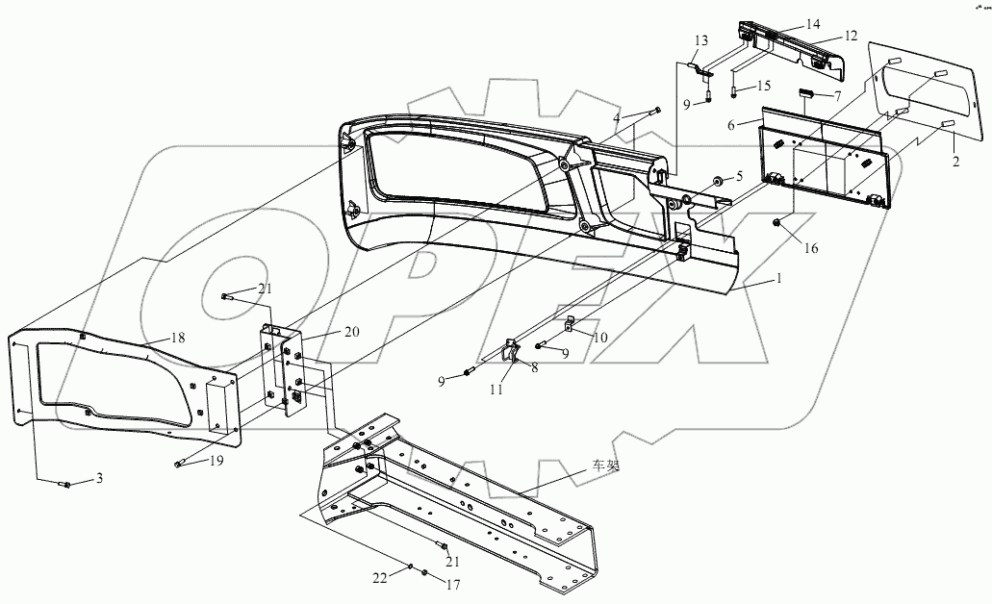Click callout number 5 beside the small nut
(x=739, y=175)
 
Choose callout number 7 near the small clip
(x=838, y=96)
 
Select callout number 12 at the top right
(x=851, y=36)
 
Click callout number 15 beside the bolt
(x=764, y=87)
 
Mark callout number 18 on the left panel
(x=177, y=337)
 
